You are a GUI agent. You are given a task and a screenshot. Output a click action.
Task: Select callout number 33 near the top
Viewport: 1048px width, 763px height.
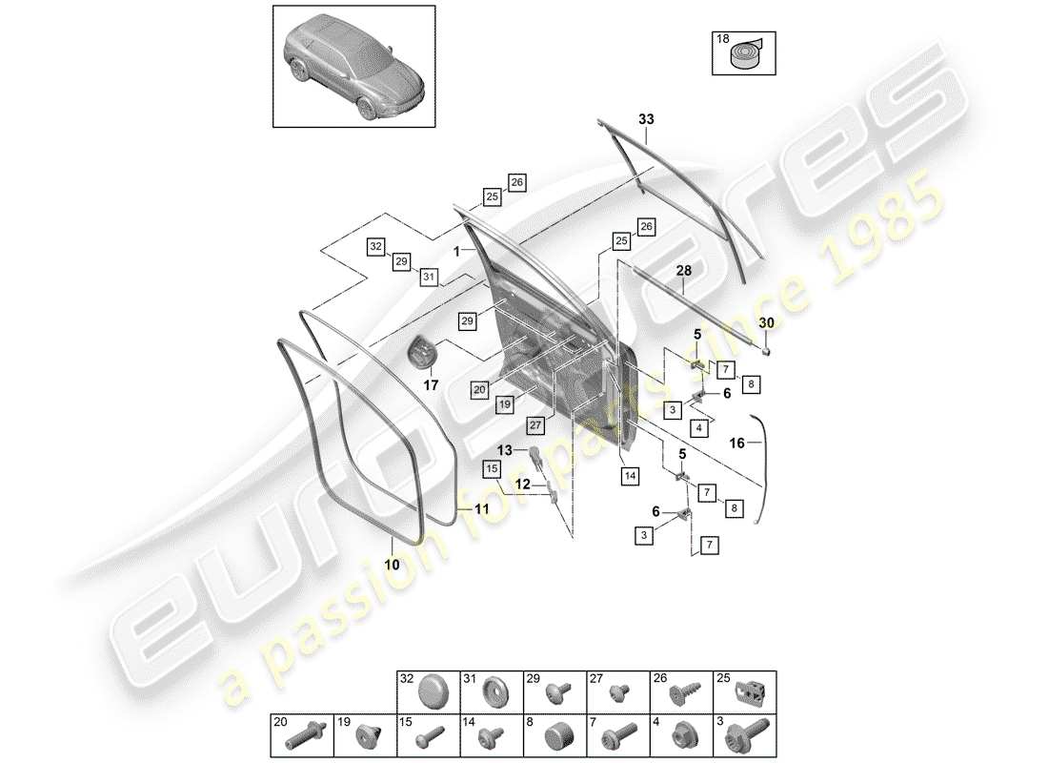tap(646, 120)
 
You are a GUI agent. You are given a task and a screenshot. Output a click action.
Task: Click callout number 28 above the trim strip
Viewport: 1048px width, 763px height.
tap(683, 272)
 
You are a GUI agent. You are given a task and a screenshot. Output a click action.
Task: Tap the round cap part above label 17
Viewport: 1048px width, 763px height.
tap(421, 352)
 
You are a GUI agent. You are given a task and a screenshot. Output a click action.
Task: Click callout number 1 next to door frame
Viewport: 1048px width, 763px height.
tap(458, 251)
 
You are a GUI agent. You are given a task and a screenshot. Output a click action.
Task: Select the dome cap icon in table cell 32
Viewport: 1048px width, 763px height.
tap(436, 692)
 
